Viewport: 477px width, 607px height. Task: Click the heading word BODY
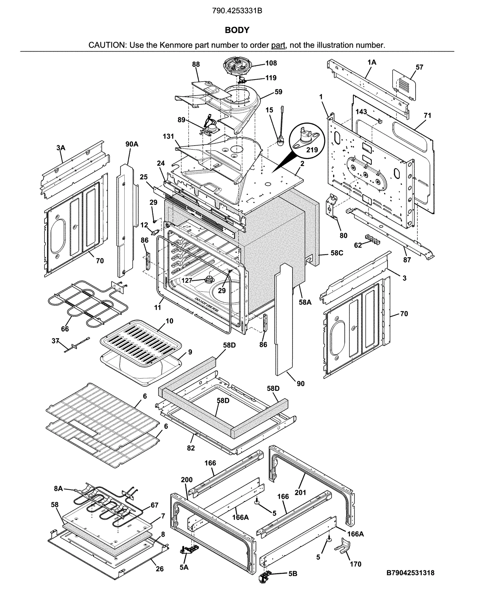point(237,30)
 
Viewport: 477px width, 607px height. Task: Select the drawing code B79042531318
point(410,573)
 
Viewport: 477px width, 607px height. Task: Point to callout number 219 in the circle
point(312,150)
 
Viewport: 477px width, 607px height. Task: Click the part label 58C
point(337,253)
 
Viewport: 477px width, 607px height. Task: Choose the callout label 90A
point(132,144)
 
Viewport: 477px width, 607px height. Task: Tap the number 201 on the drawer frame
point(300,493)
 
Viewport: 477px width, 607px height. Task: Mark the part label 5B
point(293,574)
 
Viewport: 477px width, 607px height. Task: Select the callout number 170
point(355,564)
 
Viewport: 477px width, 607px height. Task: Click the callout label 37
point(55,341)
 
